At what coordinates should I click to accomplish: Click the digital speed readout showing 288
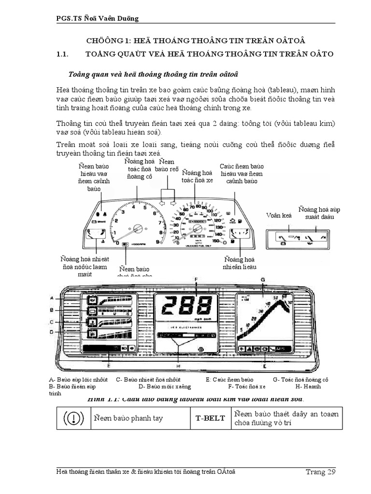185,306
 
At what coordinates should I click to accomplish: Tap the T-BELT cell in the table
210,418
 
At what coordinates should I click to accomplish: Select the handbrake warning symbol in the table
72,418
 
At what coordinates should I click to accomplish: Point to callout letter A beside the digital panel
51,298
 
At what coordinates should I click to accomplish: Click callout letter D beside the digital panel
51,332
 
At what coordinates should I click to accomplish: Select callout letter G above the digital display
262,280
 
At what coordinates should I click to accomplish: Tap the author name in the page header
97,19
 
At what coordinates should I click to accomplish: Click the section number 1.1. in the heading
64,55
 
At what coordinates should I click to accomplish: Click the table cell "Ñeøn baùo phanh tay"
128,418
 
